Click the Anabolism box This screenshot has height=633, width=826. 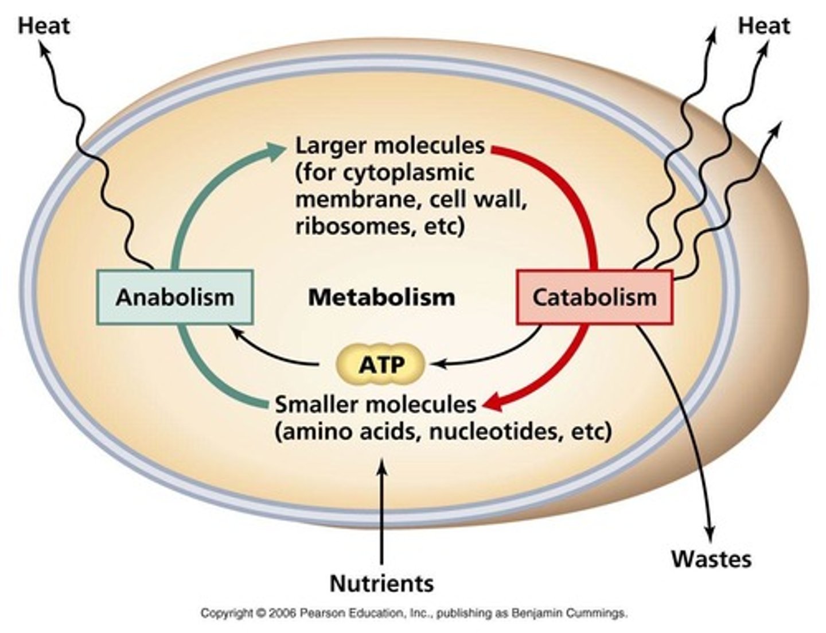click(175, 297)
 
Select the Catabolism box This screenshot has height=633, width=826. click(594, 297)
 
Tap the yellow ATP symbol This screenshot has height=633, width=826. click(381, 364)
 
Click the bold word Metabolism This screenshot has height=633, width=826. click(381, 297)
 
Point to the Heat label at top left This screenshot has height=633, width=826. click(44, 26)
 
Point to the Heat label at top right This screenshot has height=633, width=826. click(763, 26)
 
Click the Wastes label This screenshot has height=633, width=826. click(711, 558)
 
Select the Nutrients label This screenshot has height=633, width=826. click(381, 583)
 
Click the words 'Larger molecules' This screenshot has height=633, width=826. click(390, 146)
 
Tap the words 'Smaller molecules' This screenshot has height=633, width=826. click(376, 405)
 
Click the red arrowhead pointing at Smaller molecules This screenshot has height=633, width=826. click(492, 405)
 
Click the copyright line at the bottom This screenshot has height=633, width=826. click(414, 613)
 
